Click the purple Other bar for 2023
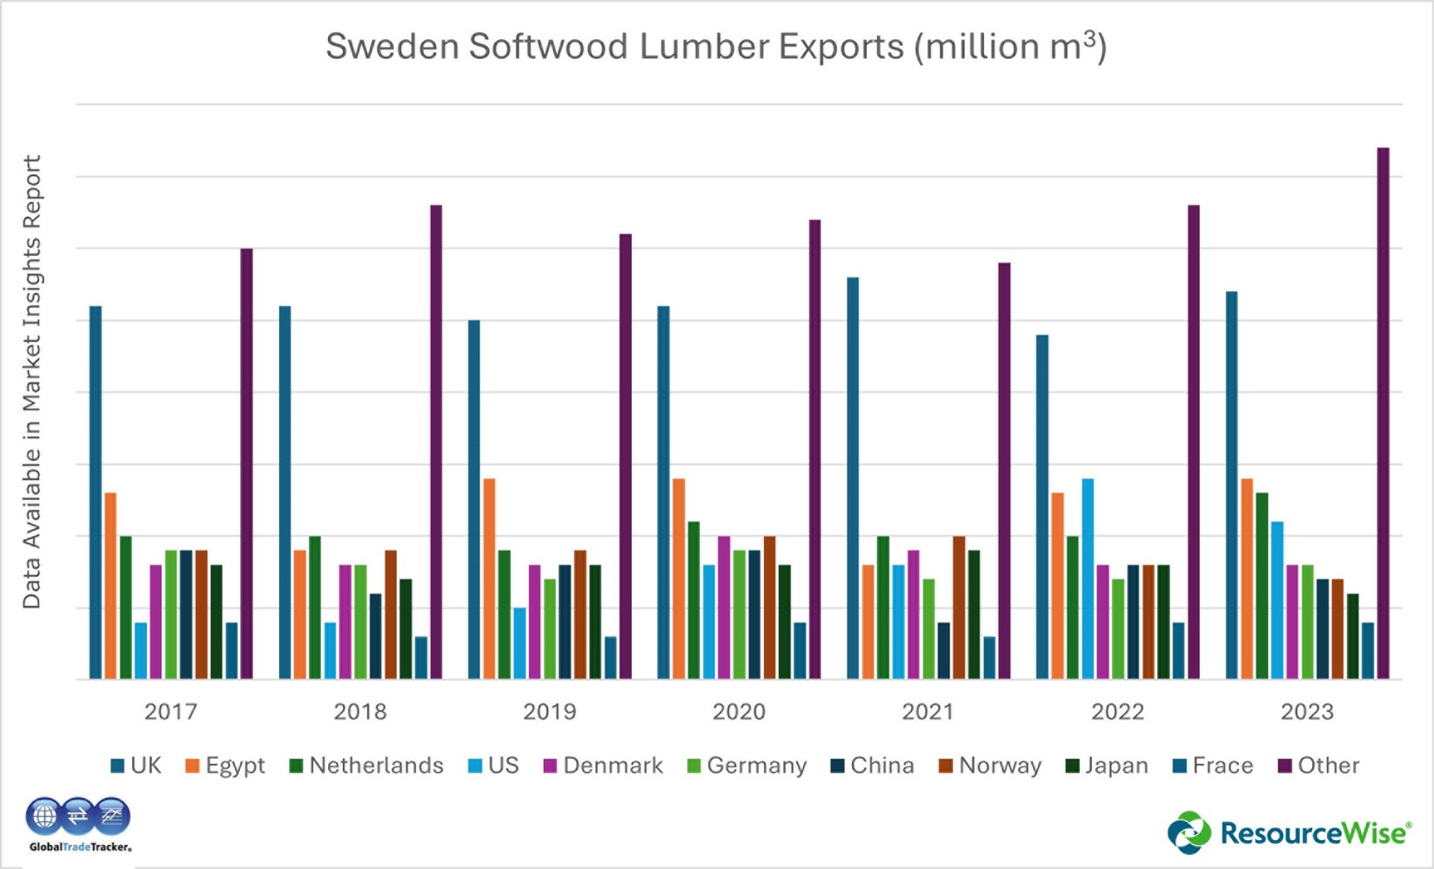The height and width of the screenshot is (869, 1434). [x=1383, y=413]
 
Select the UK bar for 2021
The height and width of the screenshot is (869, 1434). [x=853, y=478]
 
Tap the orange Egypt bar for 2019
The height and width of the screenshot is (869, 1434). [x=489, y=578]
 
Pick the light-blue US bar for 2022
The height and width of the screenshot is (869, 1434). [x=1088, y=578]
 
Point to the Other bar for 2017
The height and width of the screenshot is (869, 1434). [x=247, y=464]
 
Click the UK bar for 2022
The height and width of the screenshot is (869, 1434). [x=1042, y=507]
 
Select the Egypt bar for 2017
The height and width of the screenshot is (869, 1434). [x=111, y=585]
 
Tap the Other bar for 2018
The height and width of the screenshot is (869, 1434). [x=436, y=442]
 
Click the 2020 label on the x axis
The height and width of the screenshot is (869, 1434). [x=739, y=712]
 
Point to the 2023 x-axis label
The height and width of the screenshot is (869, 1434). [x=1307, y=712]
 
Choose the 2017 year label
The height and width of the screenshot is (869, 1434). [x=171, y=712]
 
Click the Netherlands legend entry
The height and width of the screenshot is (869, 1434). [x=366, y=765]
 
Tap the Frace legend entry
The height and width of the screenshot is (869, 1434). [x=1213, y=765]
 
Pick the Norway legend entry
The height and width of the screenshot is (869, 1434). [x=990, y=765]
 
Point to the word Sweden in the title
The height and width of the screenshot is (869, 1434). [x=392, y=47]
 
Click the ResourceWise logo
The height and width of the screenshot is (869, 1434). [x=1289, y=832]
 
